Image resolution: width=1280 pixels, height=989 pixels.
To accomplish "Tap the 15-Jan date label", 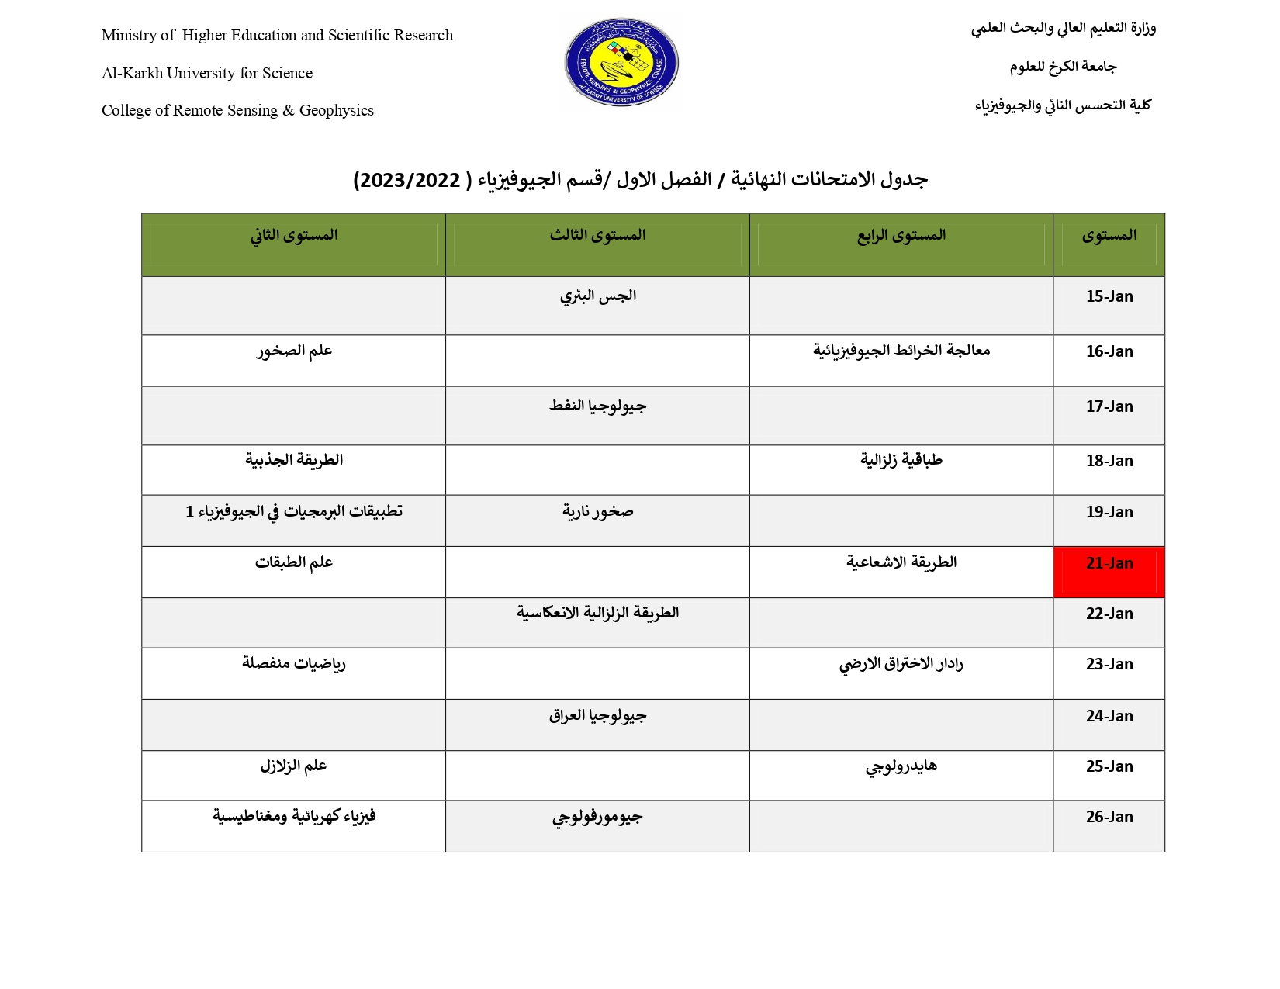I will click(x=1109, y=296).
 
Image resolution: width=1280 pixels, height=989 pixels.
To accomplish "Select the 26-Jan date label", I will click(x=1109, y=817).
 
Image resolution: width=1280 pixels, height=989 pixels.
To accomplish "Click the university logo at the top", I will click(x=621, y=63).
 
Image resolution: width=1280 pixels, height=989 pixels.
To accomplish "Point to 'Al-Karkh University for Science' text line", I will click(x=207, y=73).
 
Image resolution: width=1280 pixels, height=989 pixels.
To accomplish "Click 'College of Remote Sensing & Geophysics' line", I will click(x=237, y=110).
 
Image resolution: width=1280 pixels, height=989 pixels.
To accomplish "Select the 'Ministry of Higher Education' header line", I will click(x=277, y=35).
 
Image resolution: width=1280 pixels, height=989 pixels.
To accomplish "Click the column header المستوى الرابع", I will click(x=901, y=235).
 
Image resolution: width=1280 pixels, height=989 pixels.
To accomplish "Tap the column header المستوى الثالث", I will click(x=597, y=235).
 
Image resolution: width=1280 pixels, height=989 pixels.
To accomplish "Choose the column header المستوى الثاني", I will click(x=293, y=235).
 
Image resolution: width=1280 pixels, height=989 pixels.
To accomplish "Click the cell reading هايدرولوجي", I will click(x=901, y=766).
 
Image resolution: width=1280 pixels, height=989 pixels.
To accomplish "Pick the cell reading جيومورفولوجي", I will click(x=597, y=817).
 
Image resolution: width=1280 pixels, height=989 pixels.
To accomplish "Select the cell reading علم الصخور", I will click(x=294, y=351).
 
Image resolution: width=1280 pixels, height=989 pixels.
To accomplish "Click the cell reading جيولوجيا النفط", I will click(x=597, y=406).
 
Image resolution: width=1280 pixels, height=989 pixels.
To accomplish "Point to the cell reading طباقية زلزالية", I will click(x=901, y=460).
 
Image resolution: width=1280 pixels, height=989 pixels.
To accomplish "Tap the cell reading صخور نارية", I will click(x=597, y=511).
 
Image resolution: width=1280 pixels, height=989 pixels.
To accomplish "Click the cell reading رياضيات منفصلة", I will click(x=293, y=663).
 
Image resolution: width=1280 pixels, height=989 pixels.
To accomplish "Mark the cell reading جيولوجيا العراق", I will click(x=597, y=715).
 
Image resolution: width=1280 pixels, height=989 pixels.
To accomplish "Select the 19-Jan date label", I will click(x=1109, y=512).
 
